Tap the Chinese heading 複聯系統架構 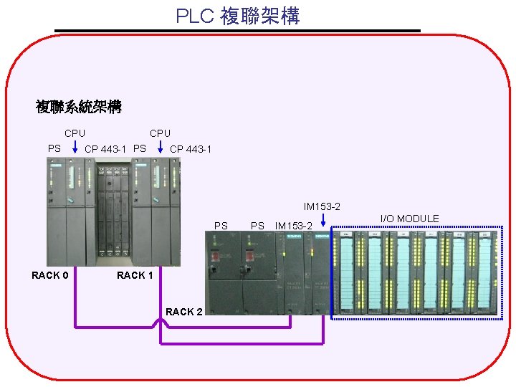coord(79,107)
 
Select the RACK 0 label coord(50,275)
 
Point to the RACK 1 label coord(135,275)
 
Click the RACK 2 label coord(183,312)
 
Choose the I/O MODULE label coord(409,219)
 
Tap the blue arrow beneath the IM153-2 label coord(323,221)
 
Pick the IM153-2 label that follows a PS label coord(294,226)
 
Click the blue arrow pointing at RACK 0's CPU coord(75,148)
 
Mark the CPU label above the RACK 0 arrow coord(75,133)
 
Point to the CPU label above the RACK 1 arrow coord(160,133)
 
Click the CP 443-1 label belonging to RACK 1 coord(190,149)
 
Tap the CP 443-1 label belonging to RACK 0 coord(105,149)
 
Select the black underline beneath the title coord(237,31)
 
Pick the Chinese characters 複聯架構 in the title coord(259,16)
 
